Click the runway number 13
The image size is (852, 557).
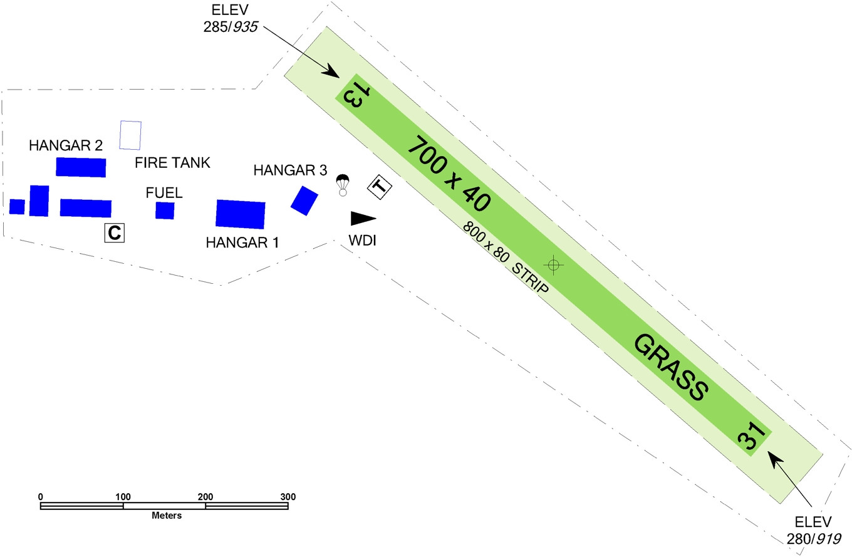353,95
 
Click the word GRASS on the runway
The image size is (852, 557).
671,367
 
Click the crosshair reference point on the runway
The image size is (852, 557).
553,265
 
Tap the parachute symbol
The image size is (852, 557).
342,185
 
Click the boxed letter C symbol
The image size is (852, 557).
114,232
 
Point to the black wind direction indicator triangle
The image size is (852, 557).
362,218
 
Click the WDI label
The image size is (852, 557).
363,241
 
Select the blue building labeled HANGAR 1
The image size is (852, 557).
240,214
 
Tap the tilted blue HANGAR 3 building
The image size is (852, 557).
304,200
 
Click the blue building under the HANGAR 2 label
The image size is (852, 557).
81,167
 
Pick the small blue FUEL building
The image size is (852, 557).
165,211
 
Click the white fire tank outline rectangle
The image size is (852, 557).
130,135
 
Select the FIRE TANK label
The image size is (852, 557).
173,164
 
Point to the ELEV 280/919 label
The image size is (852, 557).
813,530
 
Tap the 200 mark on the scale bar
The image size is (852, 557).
205,497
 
